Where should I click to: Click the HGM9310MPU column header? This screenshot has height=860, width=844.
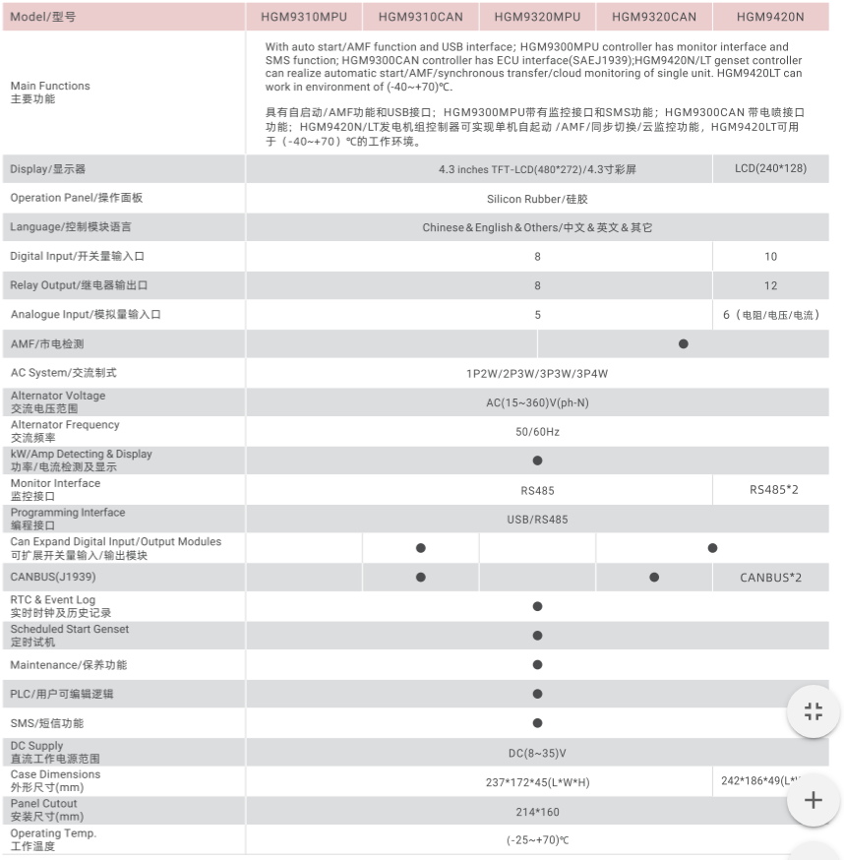[304, 17]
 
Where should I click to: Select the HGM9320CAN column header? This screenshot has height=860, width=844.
[654, 17]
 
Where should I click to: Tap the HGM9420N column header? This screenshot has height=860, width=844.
[770, 17]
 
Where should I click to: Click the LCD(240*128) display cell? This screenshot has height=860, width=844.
[770, 168]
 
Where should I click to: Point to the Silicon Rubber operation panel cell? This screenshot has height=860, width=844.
[537, 199]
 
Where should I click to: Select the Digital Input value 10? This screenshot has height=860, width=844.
[770, 257]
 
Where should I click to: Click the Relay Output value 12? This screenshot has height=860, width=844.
[770, 286]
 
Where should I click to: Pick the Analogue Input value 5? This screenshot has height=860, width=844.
[537, 315]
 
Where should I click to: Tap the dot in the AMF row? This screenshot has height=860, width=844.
[684, 343]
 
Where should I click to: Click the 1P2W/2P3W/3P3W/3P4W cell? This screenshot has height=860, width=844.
[537, 374]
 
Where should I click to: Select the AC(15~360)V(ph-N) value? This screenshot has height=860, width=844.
[537, 402]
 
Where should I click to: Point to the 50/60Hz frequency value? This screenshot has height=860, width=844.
[537, 432]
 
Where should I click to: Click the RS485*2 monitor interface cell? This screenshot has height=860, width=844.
[774, 489]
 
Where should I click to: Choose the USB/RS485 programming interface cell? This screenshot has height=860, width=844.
[537, 519]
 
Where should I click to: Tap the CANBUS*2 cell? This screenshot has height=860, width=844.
[770, 578]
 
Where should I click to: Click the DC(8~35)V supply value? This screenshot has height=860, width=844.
[537, 754]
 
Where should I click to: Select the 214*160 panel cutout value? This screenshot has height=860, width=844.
[537, 813]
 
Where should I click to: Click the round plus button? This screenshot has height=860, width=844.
[814, 800]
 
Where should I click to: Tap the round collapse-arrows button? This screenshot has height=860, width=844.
[814, 711]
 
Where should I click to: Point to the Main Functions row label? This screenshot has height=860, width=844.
[50, 92]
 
